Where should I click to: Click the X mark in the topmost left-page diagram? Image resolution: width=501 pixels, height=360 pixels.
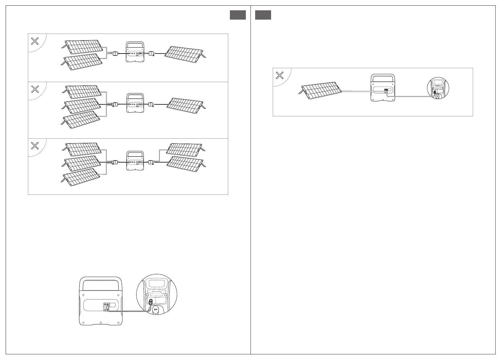[35, 41]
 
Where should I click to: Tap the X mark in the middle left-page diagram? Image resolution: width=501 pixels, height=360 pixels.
[35, 89]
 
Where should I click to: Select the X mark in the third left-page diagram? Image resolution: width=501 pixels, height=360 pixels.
[35, 146]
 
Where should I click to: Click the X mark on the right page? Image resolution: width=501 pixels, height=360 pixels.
[280, 75]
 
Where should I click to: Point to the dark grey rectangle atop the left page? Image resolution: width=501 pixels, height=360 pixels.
[238, 15]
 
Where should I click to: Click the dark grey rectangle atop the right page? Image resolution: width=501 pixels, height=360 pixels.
[263, 15]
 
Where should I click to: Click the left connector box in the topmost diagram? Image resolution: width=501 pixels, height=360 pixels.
[115, 54]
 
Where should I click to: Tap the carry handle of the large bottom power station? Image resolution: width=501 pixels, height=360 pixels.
[100, 284]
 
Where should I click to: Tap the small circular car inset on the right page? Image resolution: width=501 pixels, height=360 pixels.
[438, 89]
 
